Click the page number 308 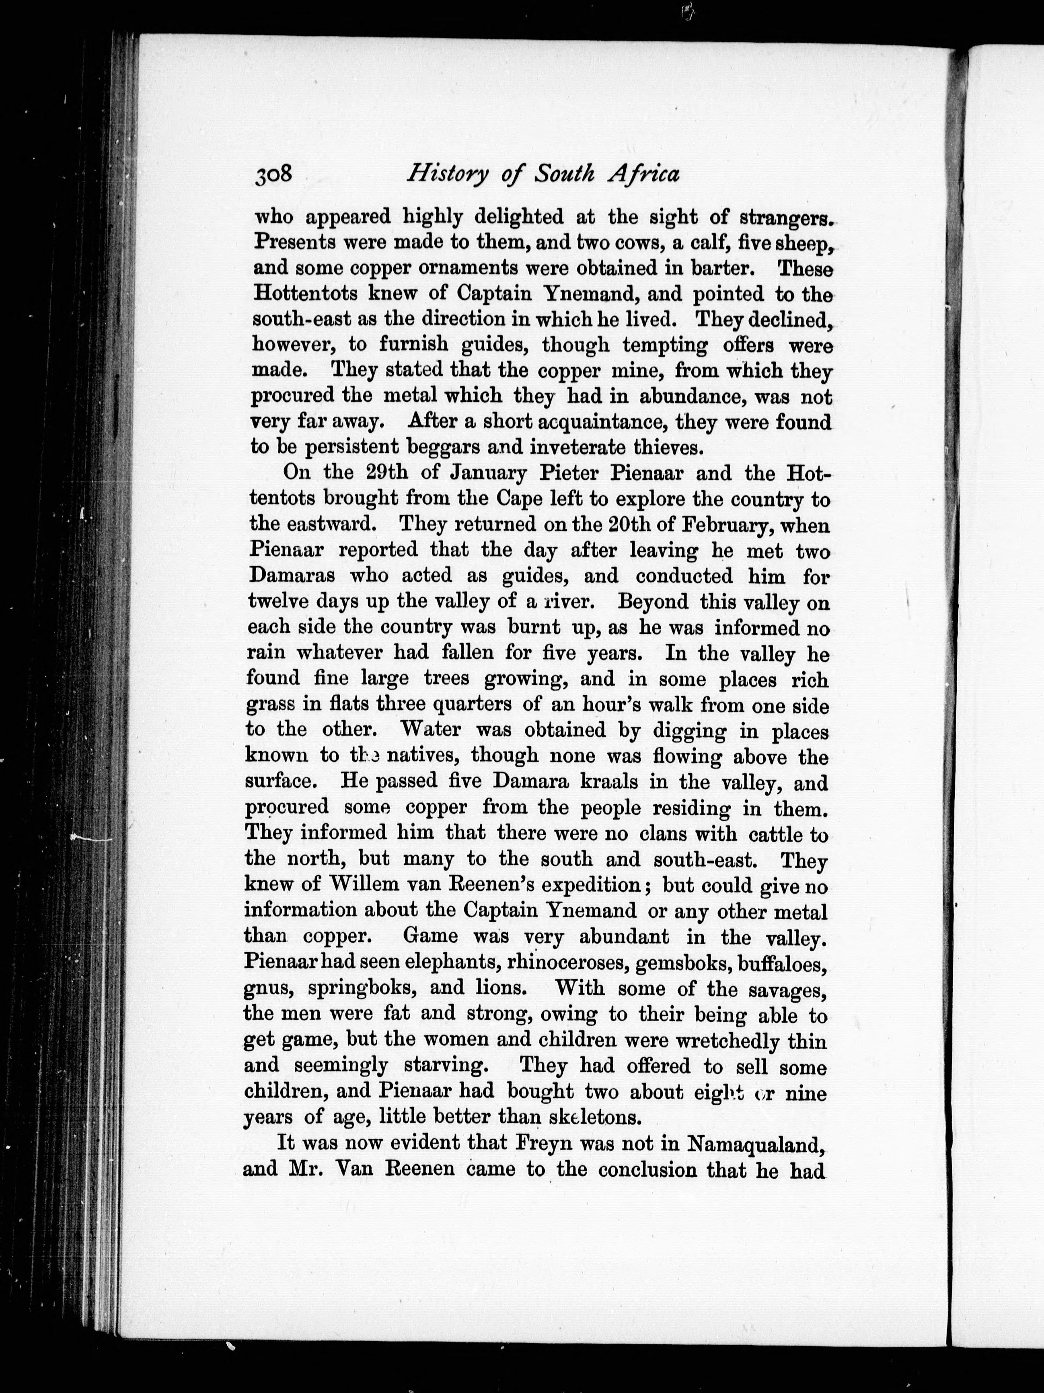point(274,175)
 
